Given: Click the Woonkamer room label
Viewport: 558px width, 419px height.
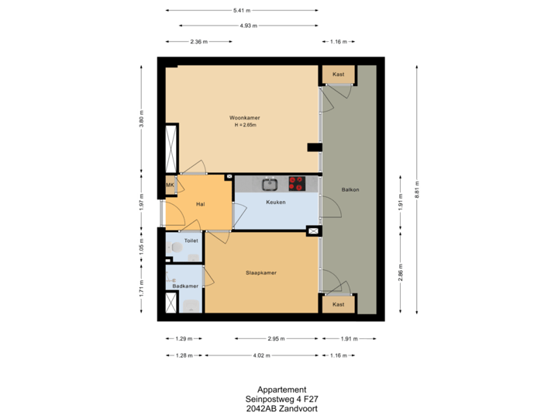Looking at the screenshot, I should (x=244, y=117).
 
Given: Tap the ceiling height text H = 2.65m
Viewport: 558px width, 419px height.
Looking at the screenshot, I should (x=245, y=125).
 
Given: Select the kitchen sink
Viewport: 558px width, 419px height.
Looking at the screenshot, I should (x=270, y=184).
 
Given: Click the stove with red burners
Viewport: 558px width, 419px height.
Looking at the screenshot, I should (x=297, y=183).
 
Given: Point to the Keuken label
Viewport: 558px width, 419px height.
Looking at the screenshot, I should (x=275, y=203).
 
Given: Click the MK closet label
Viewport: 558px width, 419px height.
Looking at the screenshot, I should (x=170, y=185).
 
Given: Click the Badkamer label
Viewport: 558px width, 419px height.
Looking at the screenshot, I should (x=184, y=286).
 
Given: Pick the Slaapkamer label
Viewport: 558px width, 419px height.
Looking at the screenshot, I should (x=262, y=273).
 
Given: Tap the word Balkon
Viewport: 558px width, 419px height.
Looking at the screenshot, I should (x=350, y=189).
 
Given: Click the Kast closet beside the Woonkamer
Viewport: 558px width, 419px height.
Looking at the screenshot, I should (x=338, y=74).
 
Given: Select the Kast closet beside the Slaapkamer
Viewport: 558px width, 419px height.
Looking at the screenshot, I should (x=338, y=304).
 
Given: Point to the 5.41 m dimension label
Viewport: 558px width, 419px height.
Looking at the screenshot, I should (x=242, y=10).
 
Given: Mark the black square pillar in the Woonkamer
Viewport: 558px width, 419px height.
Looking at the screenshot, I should (x=314, y=147).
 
